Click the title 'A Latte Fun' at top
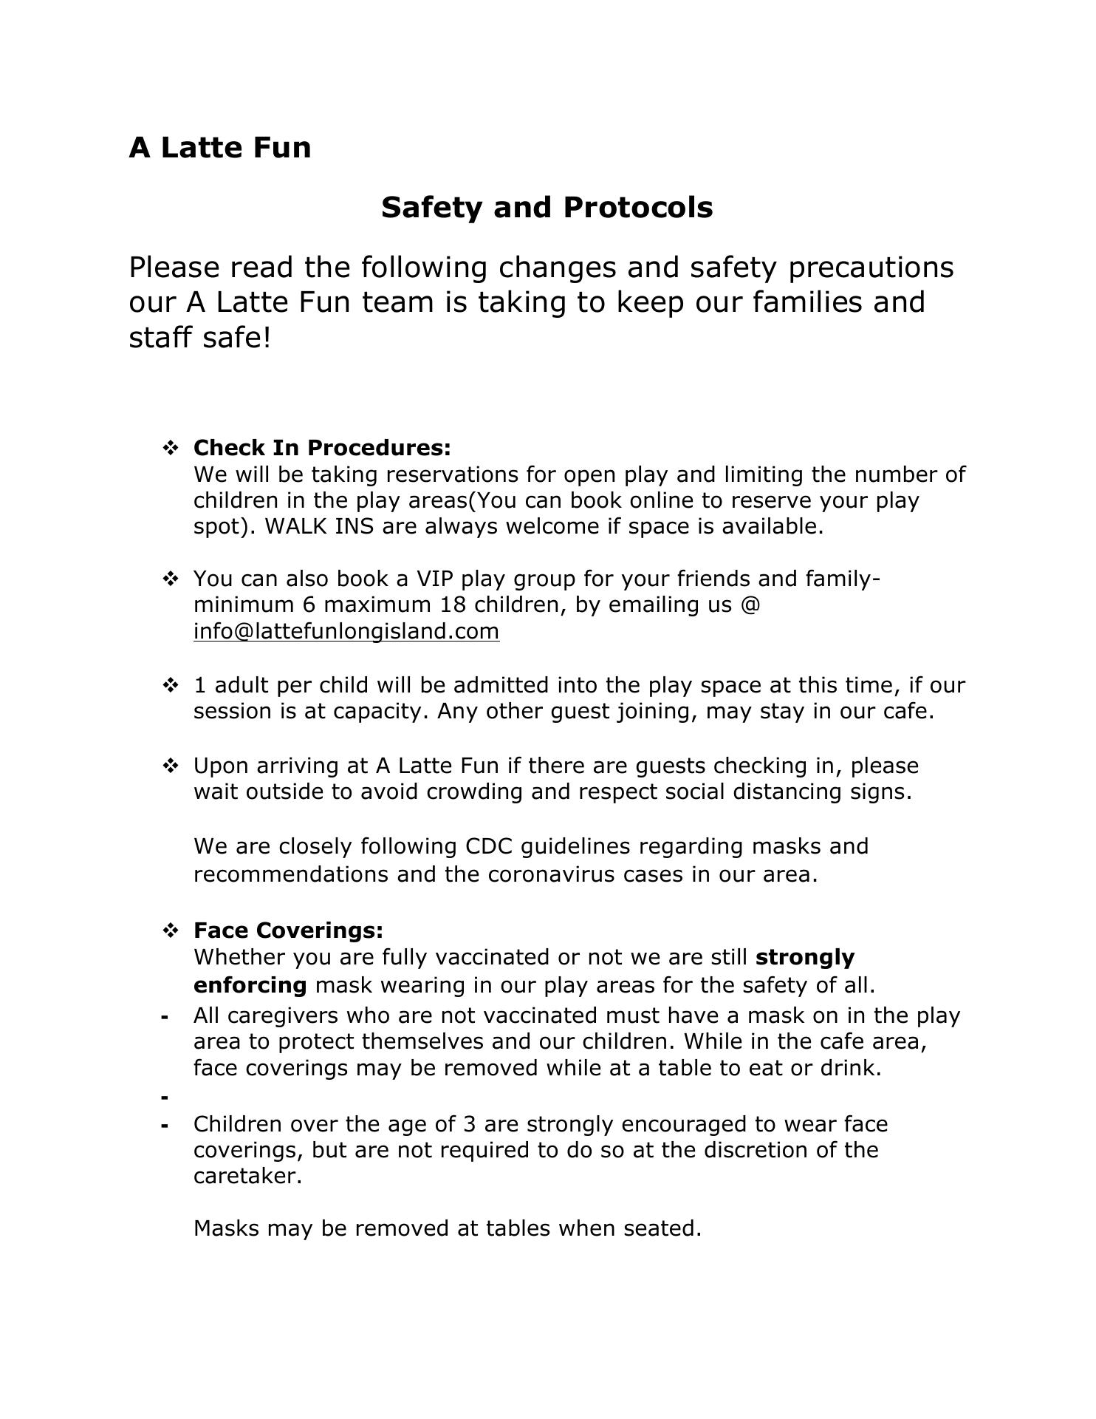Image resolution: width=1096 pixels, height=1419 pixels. click(x=220, y=148)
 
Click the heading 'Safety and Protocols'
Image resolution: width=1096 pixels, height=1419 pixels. click(x=547, y=208)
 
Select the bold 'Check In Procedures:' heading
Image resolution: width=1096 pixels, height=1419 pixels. click(x=322, y=448)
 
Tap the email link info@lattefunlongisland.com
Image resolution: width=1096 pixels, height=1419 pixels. click(x=346, y=631)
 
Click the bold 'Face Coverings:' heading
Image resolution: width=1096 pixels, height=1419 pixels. click(x=288, y=930)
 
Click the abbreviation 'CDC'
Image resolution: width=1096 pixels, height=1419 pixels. click(x=489, y=845)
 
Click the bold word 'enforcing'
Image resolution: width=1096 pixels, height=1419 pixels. click(x=250, y=985)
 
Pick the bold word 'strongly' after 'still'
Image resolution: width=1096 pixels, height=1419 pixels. click(x=805, y=957)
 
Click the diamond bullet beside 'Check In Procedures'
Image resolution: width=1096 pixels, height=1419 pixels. click(x=170, y=448)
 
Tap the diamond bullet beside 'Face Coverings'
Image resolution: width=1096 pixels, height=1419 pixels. click(x=170, y=930)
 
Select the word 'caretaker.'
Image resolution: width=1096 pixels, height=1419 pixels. click(x=248, y=1176)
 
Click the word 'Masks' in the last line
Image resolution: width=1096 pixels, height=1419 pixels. click(x=226, y=1228)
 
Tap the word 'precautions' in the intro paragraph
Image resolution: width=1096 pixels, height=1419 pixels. click(x=871, y=267)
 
